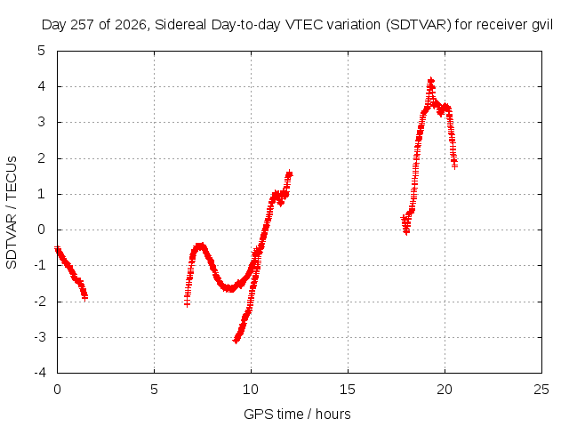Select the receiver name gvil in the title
click(542, 25)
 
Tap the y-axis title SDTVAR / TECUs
click(12, 213)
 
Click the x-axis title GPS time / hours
click(297, 414)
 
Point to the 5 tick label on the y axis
click(42, 51)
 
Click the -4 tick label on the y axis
click(40, 373)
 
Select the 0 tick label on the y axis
click(42, 230)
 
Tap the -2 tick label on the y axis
click(40, 302)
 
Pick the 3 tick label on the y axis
click(42, 122)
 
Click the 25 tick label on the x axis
click(541, 390)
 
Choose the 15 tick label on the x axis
click(348, 390)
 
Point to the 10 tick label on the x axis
click(251, 390)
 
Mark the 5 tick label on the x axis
click(154, 390)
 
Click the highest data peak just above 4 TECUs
click(430, 80)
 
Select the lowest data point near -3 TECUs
click(236, 341)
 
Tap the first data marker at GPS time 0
click(57, 249)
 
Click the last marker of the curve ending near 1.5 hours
click(85, 298)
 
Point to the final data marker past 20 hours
click(454, 165)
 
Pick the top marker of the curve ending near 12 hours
click(289, 173)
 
